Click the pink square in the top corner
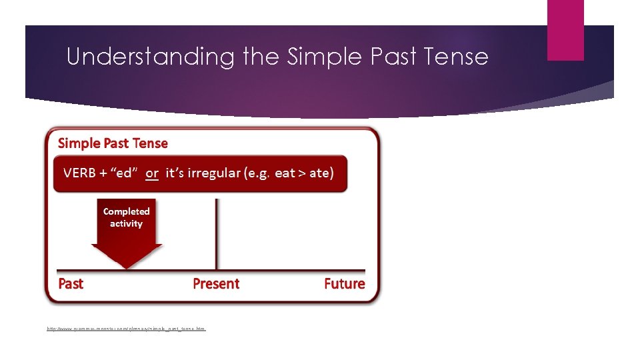pos(565,30)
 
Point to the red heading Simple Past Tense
pos(113,143)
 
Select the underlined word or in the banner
pos(152,173)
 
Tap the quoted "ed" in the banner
pos(123,173)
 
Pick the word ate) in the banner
pos(321,173)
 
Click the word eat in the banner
pos(285,173)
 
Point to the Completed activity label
pos(126,217)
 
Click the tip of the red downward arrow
pos(127,267)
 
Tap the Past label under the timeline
pos(71,284)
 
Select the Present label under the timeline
pos(215,284)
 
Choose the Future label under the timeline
pos(344,284)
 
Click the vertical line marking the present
pos(216,233)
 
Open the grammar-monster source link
pos(126,329)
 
